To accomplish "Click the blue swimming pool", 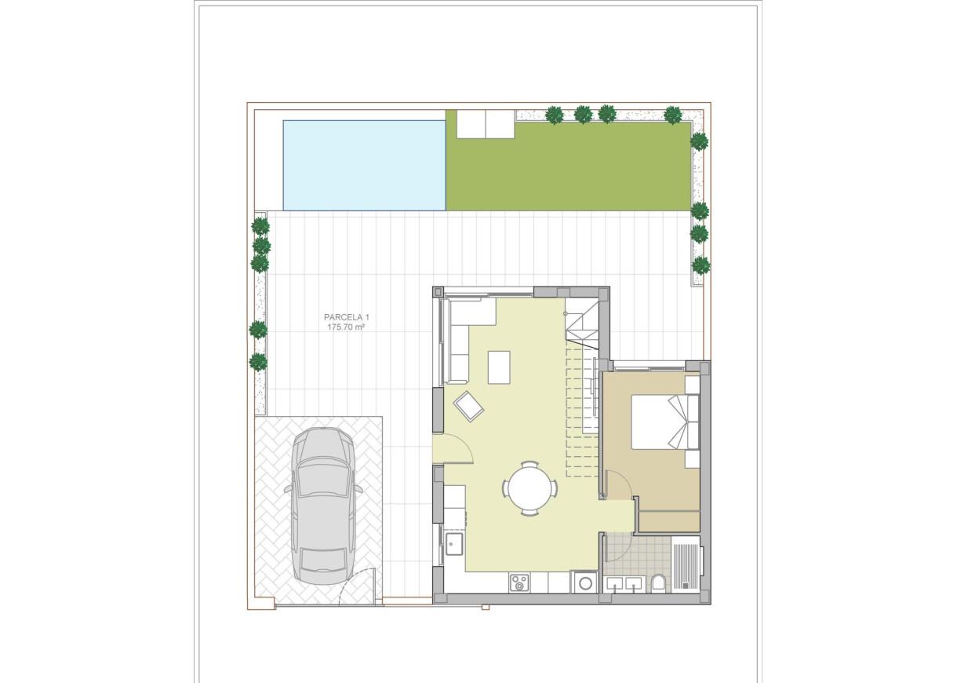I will (364, 165).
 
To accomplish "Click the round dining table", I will (529, 488).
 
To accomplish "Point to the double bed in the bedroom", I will (659, 421).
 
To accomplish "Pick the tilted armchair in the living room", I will (469, 406).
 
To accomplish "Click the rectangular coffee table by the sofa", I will (499, 367).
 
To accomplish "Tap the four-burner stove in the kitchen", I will (519, 582).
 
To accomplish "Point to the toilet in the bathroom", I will (658, 583).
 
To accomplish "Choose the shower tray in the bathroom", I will (686, 563).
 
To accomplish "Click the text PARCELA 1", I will (346, 317).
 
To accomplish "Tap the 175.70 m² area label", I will (346, 327).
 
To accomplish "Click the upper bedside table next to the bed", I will (691, 385).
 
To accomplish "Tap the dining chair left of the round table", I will (506, 488).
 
